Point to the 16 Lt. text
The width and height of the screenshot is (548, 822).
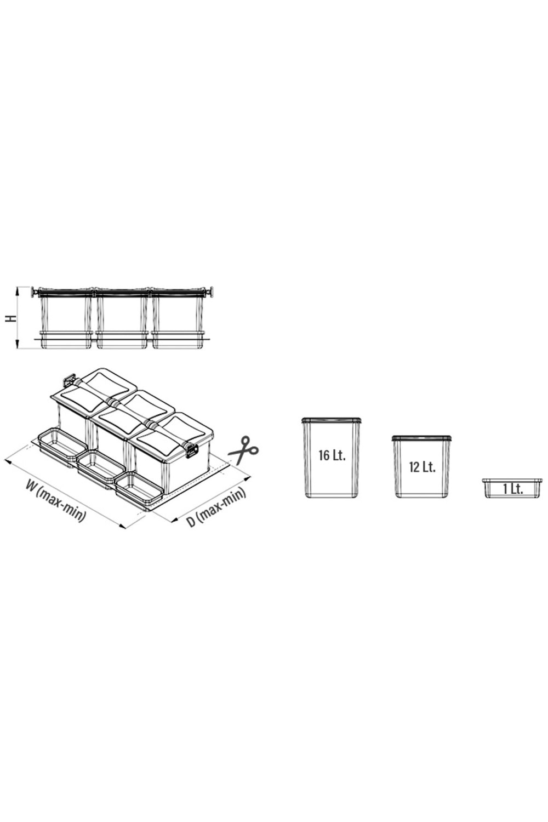point(332,455)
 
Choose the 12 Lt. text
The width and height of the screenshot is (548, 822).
point(422,467)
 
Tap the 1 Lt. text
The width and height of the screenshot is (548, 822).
point(513,489)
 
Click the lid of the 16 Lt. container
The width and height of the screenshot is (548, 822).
point(332,420)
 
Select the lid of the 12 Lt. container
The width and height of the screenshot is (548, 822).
point(422,438)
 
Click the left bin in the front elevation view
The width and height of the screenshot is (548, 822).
point(65,318)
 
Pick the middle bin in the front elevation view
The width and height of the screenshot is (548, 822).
point(122,318)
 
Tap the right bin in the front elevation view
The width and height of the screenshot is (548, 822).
point(178,318)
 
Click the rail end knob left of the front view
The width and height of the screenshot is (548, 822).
point(35,292)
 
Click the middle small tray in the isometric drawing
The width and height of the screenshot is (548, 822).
point(101,466)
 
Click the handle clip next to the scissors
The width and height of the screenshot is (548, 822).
point(192,450)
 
